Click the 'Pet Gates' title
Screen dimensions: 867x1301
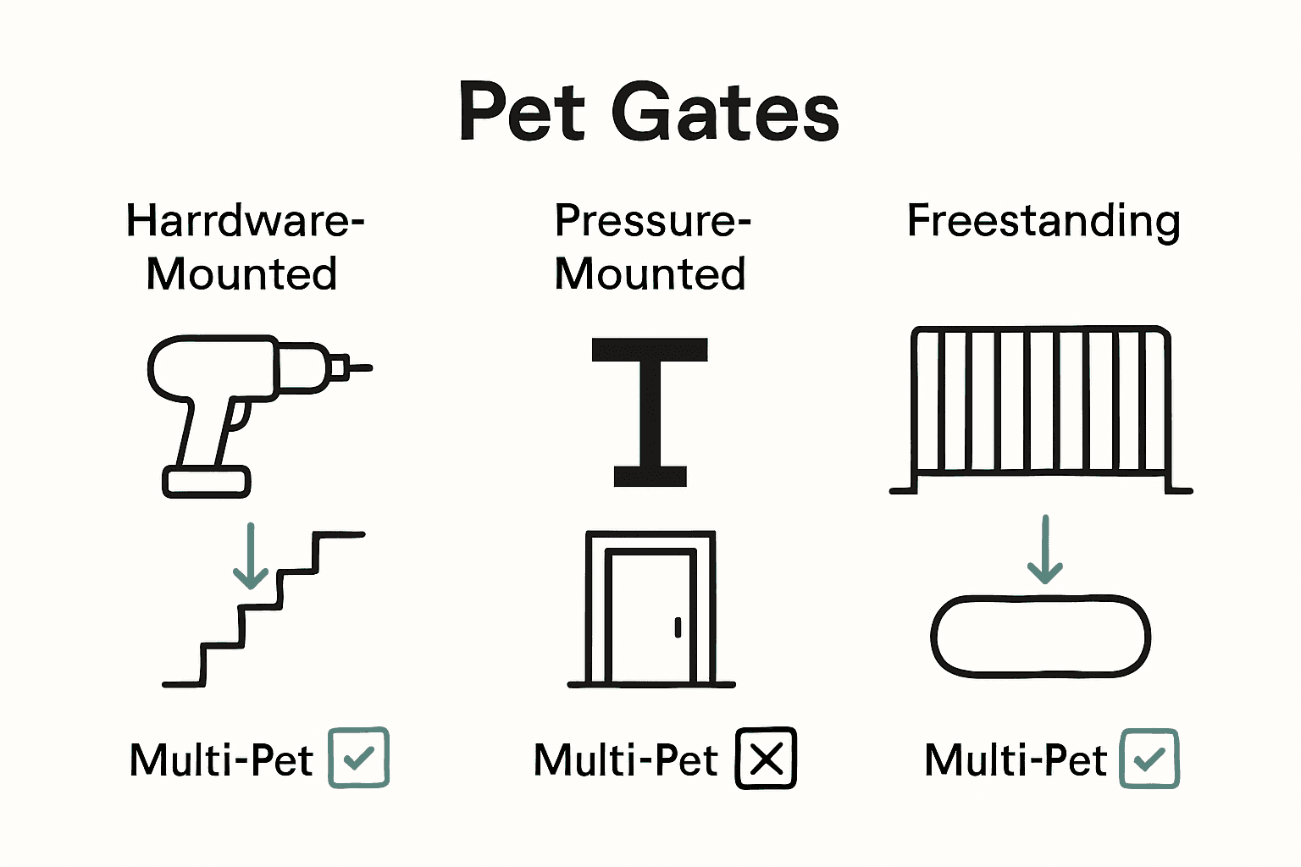point(649,112)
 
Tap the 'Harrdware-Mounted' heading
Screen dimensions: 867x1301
point(244,246)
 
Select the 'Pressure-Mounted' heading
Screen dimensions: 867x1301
point(650,246)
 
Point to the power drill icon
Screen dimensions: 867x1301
point(246,406)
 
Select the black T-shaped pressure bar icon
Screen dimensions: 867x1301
point(650,411)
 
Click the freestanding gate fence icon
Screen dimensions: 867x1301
point(1041,410)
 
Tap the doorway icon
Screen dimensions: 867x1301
point(650,609)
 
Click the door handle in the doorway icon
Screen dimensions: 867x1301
point(678,627)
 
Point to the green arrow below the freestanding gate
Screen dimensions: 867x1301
point(1044,549)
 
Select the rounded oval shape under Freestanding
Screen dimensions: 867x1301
point(1041,637)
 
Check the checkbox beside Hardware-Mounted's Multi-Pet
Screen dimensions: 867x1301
point(359,758)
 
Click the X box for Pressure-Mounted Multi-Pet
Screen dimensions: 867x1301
point(766,758)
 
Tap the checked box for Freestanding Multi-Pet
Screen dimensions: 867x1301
point(1149,759)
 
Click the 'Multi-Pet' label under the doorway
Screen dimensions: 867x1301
point(626,759)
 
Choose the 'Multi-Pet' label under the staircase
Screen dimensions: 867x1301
point(221,759)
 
